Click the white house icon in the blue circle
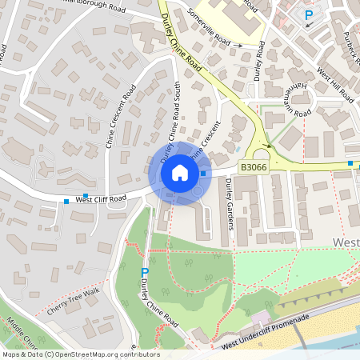pyautogui.click(x=180, y=173)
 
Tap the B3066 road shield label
pyautogui.click(x=252, y=167)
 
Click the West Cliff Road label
pyautogui.click(x=101, y=198)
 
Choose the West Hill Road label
pyautogui.click(x=334, y=85)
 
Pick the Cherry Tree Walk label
pyautogui.click(x=73, y=299)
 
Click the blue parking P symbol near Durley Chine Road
pyautogui.click(x=145, y=273)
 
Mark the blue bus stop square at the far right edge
pyautogui.click(x=350, y=163)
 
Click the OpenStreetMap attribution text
pyautogui.click(x=81, y=354)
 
